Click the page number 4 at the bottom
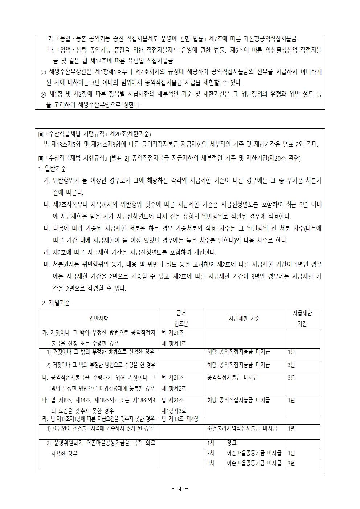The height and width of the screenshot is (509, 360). pos(179,488)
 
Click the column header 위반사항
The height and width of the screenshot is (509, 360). pos(98,319)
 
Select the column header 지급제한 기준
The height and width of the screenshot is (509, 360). pos(244,319)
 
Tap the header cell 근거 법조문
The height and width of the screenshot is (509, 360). pos(181,319)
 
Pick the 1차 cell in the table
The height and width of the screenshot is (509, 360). pos(210,443)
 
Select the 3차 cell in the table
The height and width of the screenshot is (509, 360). pos(210,463)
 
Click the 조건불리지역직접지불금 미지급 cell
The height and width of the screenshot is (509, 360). pos(242,428)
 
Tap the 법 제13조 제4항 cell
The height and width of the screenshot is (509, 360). pos(180,419)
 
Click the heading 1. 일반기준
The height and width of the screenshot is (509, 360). pos(52,169)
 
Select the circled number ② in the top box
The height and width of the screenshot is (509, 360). pos(43,71)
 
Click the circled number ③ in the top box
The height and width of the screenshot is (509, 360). pos(43,94)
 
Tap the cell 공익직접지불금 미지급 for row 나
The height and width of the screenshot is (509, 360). pos(232,378)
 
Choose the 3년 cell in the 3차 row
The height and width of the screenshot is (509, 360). pos(291,463)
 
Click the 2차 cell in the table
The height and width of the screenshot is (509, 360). pos(210,453)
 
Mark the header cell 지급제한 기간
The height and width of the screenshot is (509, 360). pos(302,319)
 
